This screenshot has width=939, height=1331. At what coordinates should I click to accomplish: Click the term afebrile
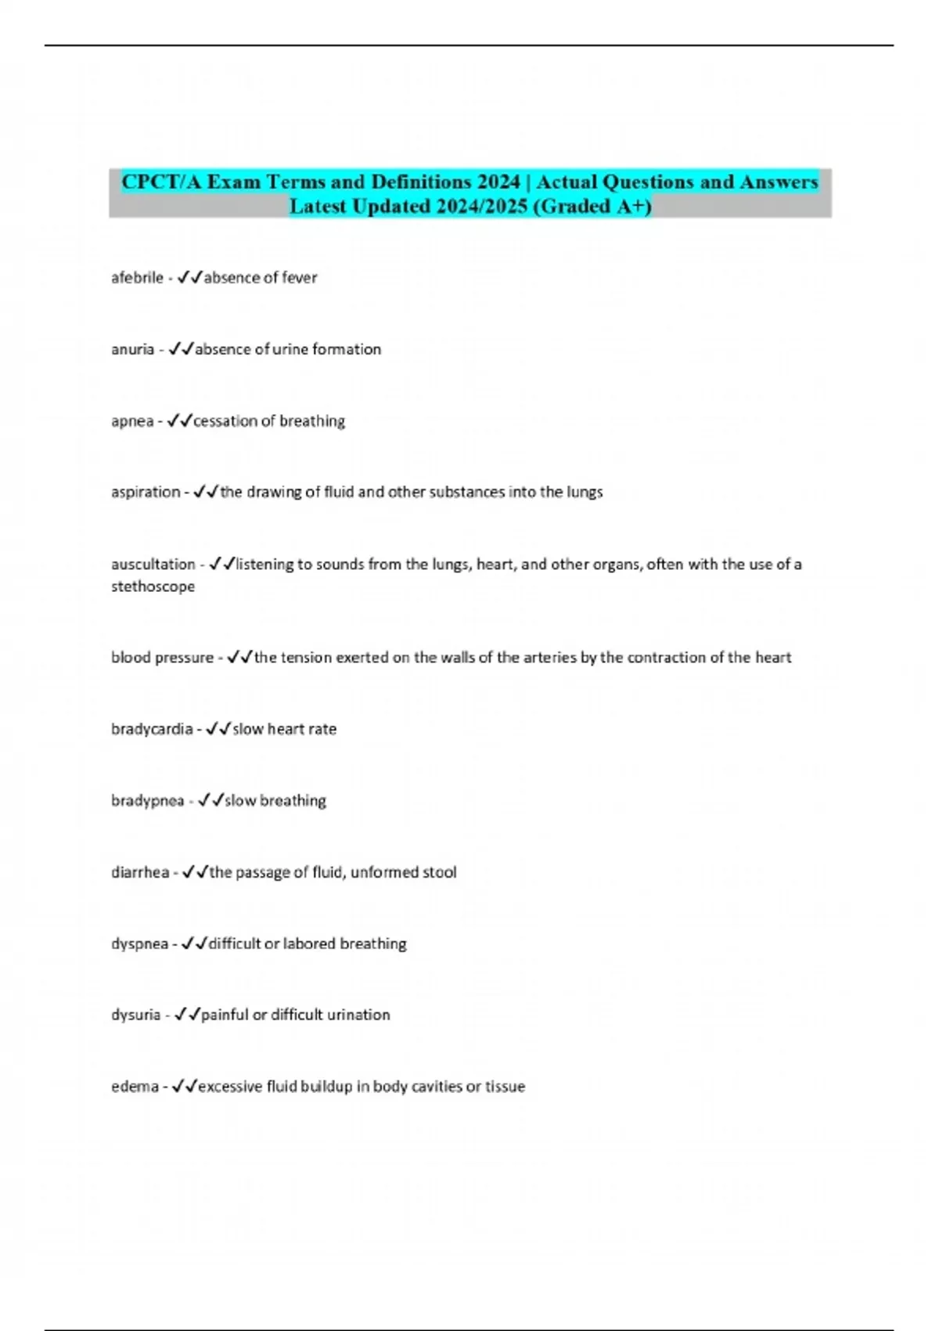click(x=137, y=278)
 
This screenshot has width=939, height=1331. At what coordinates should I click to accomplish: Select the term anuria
click(x=132, y=350)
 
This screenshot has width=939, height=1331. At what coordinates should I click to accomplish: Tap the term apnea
click(x=132, y=422)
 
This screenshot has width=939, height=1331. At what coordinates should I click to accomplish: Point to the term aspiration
click(x=146, y=492)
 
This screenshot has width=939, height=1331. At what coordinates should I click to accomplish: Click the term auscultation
click(x=153, y=565)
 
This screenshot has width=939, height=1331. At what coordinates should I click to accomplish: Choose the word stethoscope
click(x=153, y=586)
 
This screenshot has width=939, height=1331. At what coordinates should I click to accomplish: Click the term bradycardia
click(x=152, y=729)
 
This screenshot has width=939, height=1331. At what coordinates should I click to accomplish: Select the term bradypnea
click(x=147, y=801)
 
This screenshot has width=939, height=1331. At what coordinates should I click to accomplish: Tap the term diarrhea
click(x=139, y=872)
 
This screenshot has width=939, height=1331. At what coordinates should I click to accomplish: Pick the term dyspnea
click(x=139, y=944)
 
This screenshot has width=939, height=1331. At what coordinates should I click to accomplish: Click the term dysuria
click(x=135, y=1015)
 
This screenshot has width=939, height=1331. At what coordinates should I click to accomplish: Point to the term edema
click(x=135, y=1087)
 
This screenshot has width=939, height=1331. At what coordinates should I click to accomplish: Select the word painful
click(x=225, y=1015)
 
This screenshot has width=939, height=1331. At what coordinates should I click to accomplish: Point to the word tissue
click(x=505, y=1087)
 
